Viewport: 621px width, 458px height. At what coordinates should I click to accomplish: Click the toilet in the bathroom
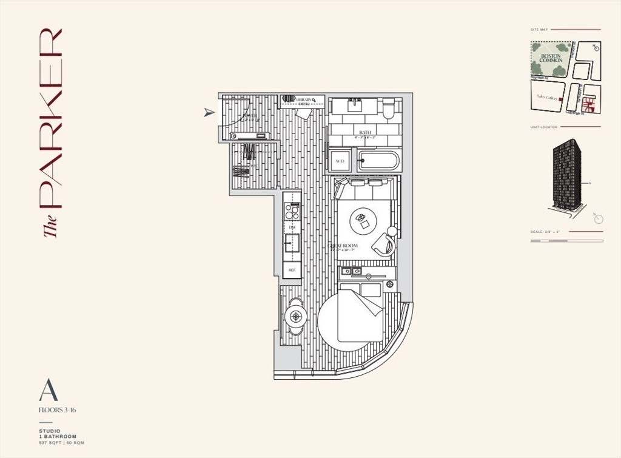[x=388, y=109]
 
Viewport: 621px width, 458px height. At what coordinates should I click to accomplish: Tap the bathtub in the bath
[x=378, y=161]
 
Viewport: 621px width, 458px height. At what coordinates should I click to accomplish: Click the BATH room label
[x=364, y=132]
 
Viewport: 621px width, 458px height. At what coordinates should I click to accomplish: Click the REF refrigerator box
[x=292, y=270]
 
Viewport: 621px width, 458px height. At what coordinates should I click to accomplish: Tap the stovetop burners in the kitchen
[x=292, y=212]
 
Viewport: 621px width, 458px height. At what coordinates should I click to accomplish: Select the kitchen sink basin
[x=292, y=242]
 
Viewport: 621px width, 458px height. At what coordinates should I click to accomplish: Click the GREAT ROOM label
[x=344, y=246]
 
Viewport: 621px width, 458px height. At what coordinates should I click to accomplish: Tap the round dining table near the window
[x=297, y=316]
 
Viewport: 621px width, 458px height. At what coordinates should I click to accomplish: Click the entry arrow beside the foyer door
[x=209, y=112]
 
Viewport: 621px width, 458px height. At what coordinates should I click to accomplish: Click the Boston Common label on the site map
[x=551, y=58]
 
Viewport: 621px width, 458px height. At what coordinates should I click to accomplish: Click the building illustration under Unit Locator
[x=566, y=176]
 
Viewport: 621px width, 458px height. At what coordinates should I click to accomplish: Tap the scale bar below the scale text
[x=566, y=241]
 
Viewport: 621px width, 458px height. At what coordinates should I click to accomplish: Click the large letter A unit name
[x=48, y=390]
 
